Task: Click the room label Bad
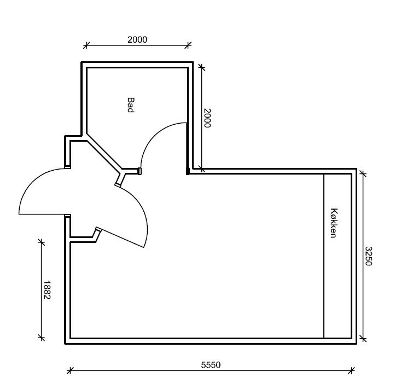pyautogui.click(x=131, y=105)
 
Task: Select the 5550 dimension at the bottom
pyautogui.click(x=211, y=365)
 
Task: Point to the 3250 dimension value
pyautogui.click(x=369, y=256)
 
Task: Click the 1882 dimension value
pyautogui.click(x=47, y=289)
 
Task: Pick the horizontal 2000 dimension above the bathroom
pyautogui.click(x=137, y=39)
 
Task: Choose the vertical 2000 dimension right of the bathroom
pyautogui.click(x=207, y=118)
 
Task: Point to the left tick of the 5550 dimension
pyautogui.click(x=69, y=371)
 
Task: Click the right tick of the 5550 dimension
pyautogui.click(x=352, y=371)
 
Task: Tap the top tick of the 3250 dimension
pyautogui.click(x=362, y=174)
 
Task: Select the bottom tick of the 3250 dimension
pyautogui.click(x=362, y=339)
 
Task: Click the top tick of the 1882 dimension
pyautogui.click(x=41, y=241)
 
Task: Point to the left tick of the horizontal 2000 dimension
pyautogui.click(x=86, y=45)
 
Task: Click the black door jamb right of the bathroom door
pyautogui.click(x=188, y=171)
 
